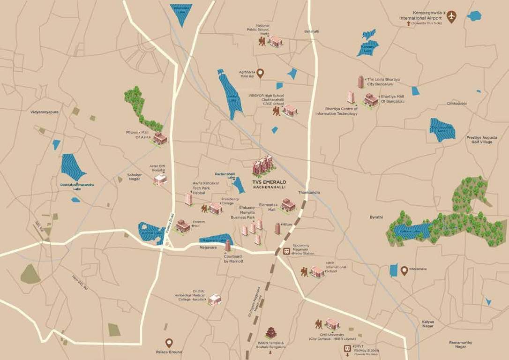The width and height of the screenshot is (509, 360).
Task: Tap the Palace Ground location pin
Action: click(169, 343)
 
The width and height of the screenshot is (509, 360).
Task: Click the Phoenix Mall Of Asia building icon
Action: click(160, 138)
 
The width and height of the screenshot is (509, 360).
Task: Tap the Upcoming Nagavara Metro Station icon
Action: click(286, 252)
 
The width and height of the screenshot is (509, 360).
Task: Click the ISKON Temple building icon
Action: click(271, 332)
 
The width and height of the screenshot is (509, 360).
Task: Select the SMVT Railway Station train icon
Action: click(347, 348)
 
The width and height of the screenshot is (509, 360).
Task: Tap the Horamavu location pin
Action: click(404, 270)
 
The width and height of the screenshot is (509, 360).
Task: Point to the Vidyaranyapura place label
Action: click(45, 112)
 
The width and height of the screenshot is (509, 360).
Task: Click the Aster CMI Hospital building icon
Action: click(160, 179)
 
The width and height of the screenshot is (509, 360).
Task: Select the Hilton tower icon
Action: click(277, 228)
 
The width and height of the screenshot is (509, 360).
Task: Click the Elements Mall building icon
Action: click(288, 205)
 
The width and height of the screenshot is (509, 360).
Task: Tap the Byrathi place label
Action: click(376, 217)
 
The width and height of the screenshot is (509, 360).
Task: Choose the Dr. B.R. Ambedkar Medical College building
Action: click(215, 300)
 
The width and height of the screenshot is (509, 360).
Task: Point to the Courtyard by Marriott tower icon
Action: click(228, 246)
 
